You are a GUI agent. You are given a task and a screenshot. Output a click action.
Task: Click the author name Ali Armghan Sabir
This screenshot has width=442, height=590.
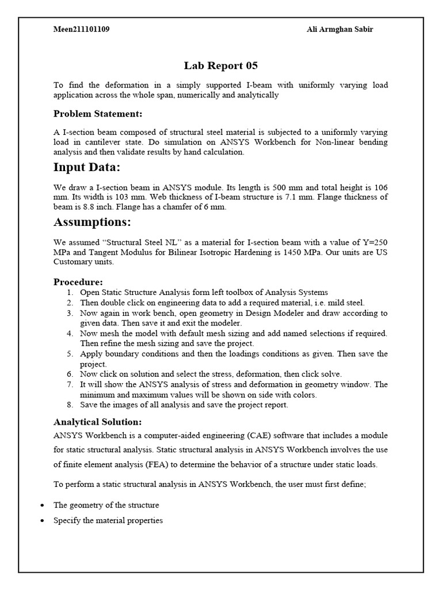[340, 29]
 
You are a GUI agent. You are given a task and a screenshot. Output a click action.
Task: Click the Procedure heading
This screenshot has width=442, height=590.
[78, 282]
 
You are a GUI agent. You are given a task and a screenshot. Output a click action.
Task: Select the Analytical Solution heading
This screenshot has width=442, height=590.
[97, 421]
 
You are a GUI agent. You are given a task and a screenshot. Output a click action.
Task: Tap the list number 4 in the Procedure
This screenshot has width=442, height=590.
[69, 333]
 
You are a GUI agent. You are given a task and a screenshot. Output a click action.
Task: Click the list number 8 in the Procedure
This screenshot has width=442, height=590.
[69, 404]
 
